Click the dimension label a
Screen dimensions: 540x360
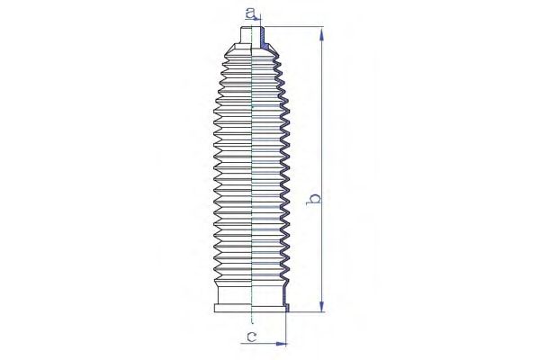point(250,13)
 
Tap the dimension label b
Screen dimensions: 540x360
point(314,199)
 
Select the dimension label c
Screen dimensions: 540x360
point(252,337)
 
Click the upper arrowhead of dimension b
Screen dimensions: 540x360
point(321,35)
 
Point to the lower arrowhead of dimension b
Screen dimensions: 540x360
point(321,304)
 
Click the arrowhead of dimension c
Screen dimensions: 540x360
point(282,343)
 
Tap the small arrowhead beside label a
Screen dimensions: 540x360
point(257,20)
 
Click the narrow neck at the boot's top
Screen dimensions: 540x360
point(252,35)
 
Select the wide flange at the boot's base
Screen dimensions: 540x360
point(252,309)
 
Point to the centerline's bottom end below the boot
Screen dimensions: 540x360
point(252,323)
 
